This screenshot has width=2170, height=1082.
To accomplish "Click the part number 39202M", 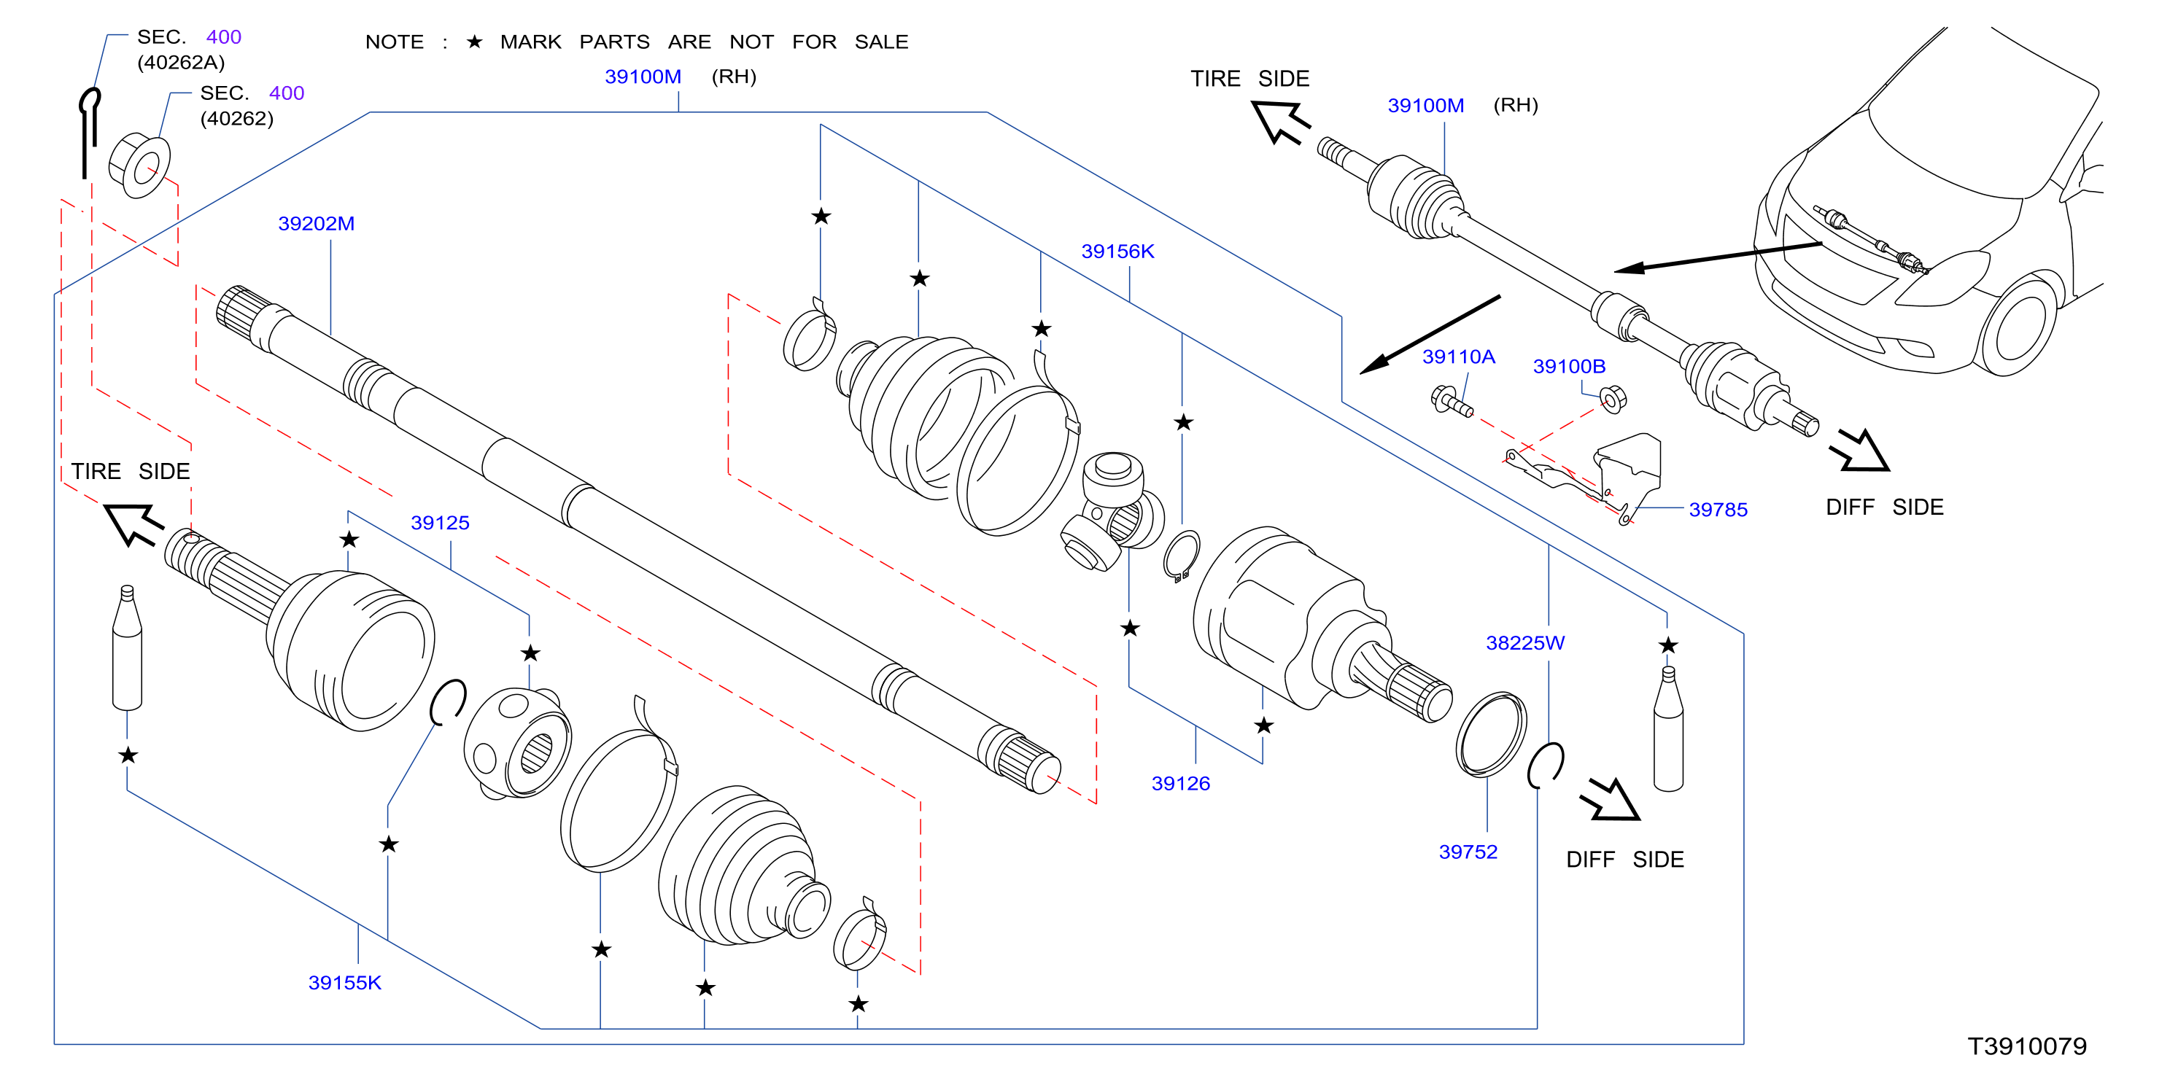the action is pos(316,224).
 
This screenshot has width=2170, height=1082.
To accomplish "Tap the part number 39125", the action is pos(440,523).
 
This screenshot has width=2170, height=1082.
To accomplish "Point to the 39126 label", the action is pos(1180,784).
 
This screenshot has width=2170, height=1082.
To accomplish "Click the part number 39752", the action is pos(1468,852).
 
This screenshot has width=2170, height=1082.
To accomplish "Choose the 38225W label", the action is pos(1524,643).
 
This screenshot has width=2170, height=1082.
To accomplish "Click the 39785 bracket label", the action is pos(1718,510).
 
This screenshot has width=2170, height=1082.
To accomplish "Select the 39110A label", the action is pos(1458,357).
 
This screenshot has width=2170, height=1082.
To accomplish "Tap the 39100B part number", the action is pos(1568,366).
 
